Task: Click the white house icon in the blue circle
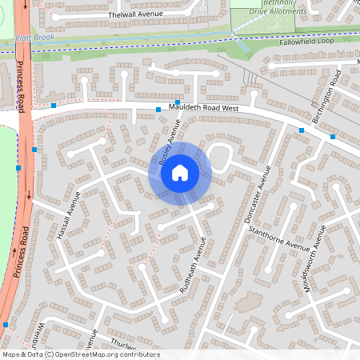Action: tap(179, 171)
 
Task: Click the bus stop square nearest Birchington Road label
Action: tap(333, 137)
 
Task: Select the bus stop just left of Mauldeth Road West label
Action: tap(158, 109)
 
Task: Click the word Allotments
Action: tap(288, 12)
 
